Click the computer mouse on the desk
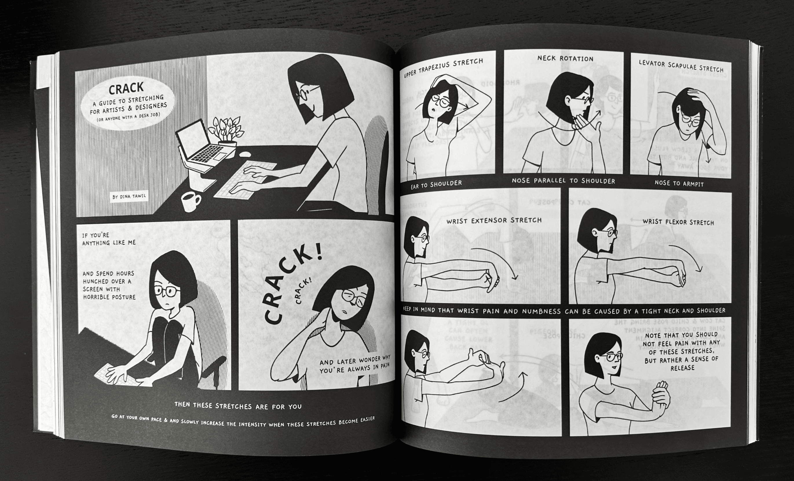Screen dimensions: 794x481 [246, 154]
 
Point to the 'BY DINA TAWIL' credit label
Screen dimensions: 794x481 [129, 196]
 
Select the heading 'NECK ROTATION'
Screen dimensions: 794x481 [565, 59]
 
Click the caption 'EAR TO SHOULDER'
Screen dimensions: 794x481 [436, 184]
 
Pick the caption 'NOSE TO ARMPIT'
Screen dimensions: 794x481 [679, 183]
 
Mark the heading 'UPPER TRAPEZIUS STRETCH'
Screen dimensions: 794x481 [443, 68]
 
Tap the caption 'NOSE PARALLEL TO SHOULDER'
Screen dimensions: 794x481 [563, 181]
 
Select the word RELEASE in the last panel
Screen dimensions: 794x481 [682, 368]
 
